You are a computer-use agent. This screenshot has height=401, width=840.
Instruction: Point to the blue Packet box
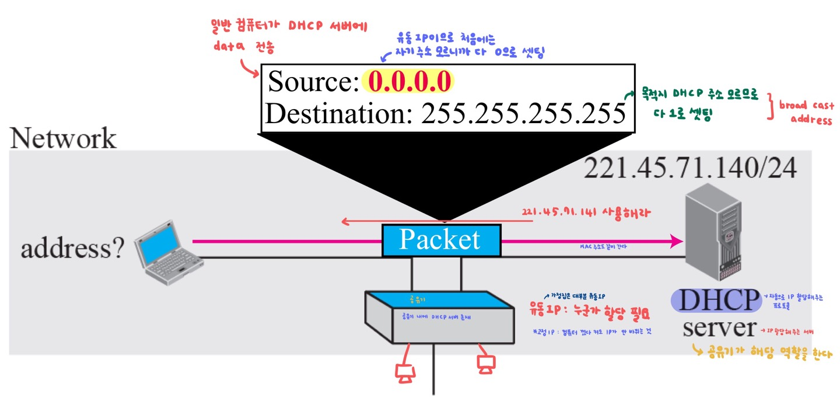pyautogui.click(x=441, y=240)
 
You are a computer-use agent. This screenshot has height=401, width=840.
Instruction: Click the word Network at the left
pyautogui.click(x=63, y=140)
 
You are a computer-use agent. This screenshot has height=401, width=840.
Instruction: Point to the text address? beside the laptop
pyautogui.click(x=72, y=250)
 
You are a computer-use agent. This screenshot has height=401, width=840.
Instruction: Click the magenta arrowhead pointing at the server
pyautogui.click(x=677, y=240)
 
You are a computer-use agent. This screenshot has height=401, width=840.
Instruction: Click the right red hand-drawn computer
pyautogui.click(x=485, y=364)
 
